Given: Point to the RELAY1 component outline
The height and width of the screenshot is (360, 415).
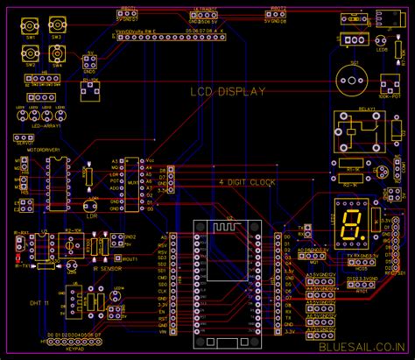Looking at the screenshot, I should (356, 131).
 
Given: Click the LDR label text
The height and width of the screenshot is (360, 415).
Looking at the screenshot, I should (90, 215).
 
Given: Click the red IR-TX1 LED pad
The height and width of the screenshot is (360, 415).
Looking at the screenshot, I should (18, 258).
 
